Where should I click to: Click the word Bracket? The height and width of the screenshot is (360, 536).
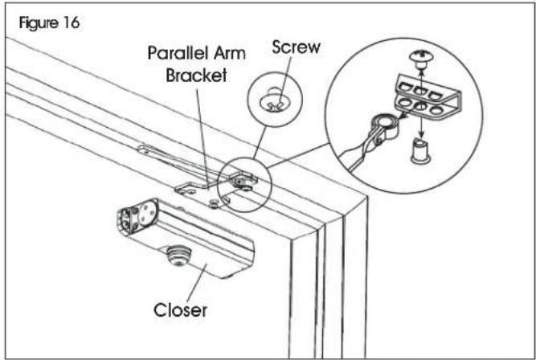click(x=196, y=75)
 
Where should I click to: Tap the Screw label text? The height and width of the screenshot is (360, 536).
click(x=296, y=47)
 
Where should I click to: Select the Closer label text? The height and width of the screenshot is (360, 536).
click(x=180, y=310)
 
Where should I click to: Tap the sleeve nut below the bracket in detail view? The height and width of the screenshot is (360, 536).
click(x=420, y=152)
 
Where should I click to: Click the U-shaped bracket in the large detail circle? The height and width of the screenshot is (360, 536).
click(x=428, y=97)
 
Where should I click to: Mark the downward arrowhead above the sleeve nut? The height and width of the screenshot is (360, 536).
click(x=421, y=135)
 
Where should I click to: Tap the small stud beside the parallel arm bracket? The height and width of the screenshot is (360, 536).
click(x=215, y=203)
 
